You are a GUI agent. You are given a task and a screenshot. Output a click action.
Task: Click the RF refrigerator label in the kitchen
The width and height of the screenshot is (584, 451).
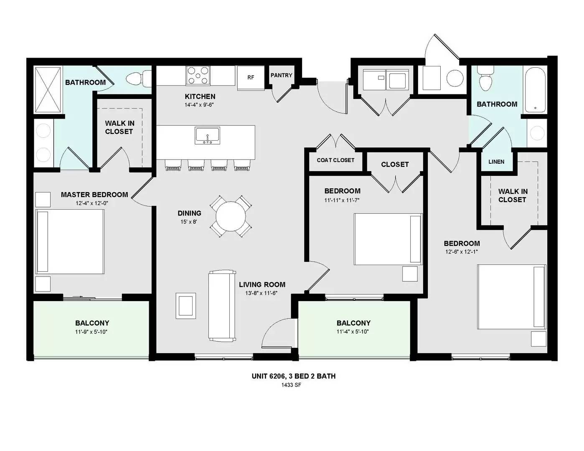251,77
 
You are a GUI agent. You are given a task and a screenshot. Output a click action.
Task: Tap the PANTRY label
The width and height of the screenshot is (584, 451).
281,75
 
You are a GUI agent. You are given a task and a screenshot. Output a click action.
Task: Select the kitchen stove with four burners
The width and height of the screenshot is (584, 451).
198,76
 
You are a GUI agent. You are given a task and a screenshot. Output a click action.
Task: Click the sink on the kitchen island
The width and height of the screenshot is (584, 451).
208,136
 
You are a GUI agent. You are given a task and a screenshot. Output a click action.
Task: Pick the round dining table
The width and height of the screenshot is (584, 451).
231,216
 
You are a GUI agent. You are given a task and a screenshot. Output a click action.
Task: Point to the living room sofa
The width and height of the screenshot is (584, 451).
222,306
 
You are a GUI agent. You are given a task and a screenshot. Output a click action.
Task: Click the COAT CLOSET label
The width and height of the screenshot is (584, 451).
335,160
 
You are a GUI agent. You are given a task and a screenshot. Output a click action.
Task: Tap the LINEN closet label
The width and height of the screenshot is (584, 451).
496,162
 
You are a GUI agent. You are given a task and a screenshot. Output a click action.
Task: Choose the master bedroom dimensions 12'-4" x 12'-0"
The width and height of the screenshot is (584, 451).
91,203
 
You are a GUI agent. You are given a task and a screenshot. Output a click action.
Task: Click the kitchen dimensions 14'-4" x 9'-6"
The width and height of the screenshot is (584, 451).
199,105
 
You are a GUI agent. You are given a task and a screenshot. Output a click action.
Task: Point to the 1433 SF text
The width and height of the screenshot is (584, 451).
291,385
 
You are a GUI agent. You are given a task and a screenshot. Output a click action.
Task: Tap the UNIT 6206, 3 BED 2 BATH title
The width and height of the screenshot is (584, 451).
294,376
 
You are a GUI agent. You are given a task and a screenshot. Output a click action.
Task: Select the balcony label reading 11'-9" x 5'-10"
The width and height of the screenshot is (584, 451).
91,332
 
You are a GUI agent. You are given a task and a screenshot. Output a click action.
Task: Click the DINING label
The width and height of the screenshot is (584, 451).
189,213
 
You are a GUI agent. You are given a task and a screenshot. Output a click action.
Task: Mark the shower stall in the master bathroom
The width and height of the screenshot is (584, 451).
48,89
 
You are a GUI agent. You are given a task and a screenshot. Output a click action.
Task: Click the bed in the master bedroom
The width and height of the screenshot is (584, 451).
70,241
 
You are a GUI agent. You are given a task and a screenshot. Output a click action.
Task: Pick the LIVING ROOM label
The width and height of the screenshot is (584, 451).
262,284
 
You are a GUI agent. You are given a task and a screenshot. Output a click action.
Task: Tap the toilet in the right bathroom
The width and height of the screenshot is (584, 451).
485,78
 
